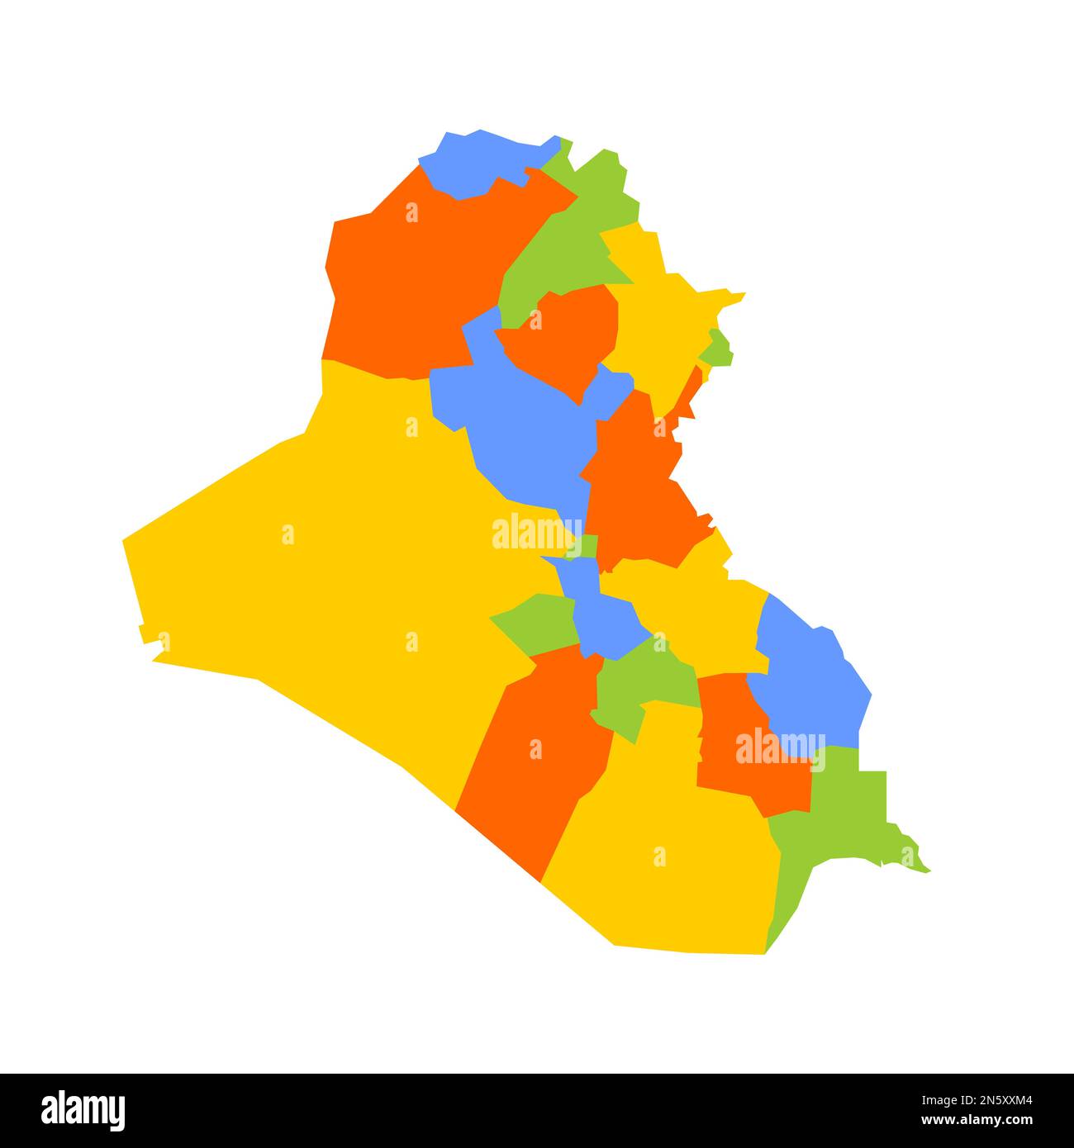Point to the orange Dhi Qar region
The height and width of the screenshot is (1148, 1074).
tap(744, 743)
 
